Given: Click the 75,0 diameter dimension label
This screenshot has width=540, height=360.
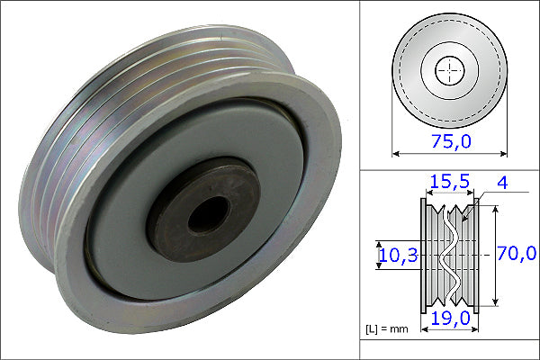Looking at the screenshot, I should click(450, 141).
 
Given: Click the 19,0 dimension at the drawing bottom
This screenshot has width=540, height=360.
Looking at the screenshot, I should click(449, 317).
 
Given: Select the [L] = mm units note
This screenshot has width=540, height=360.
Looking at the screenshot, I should click(386, 329).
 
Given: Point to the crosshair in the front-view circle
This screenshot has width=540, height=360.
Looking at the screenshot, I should click(449, 69).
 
